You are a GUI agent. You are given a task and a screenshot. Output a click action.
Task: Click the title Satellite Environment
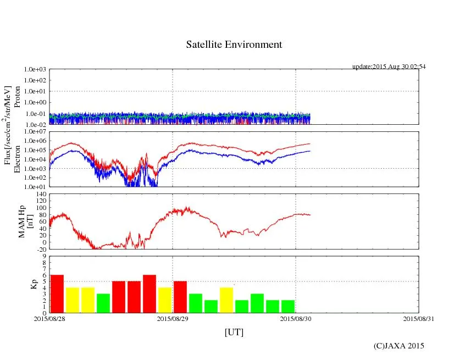pos(234,45)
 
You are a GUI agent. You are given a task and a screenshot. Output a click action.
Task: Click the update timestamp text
pos(389,67)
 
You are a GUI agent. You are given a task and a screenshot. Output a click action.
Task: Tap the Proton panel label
pos(16,97)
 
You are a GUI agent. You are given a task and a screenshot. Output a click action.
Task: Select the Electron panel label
pos(16,159)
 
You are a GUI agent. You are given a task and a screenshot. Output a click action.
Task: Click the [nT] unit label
pos(30,221)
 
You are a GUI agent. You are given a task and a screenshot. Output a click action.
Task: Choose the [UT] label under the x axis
pos(234,333)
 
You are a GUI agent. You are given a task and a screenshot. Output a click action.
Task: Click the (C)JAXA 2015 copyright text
pos(398,346)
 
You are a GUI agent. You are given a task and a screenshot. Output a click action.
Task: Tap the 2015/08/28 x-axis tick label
pos(49,318)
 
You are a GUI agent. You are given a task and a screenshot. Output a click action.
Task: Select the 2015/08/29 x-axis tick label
pos(173,318)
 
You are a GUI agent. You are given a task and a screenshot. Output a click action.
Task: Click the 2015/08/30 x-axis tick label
pos(296,318)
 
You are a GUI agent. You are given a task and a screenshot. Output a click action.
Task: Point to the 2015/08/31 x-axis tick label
pos(419,318)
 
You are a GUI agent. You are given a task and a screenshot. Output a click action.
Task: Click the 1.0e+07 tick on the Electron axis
pos(36,132)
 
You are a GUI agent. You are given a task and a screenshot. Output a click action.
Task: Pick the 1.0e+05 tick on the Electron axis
pos(36,150)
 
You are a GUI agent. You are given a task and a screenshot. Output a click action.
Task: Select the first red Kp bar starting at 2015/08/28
pos(57,293)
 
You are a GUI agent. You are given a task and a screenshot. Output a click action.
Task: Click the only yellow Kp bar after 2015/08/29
pos(226,300)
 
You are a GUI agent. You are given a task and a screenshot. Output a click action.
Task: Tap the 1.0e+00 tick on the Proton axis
pos(36,103)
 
